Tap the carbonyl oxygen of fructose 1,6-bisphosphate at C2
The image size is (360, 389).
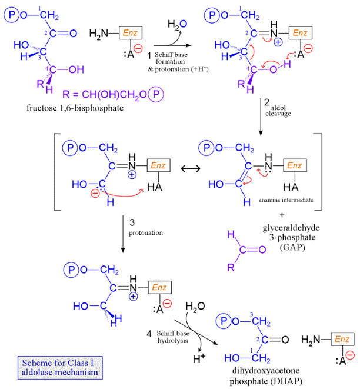73,34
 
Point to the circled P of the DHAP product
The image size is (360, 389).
224,322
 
